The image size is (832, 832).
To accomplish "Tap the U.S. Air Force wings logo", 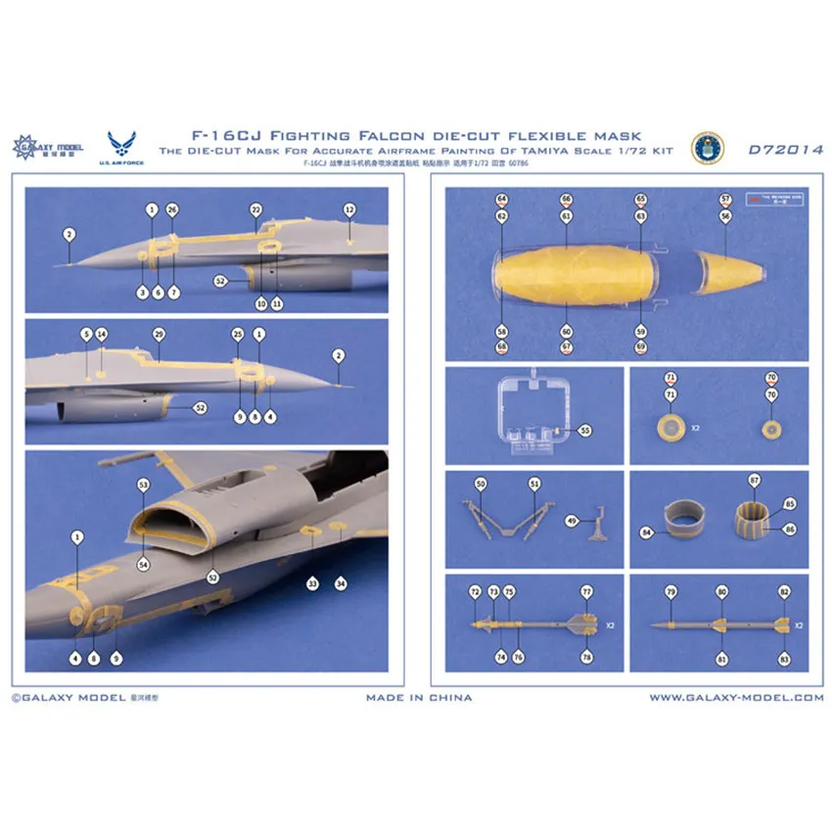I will (x=127, y=144).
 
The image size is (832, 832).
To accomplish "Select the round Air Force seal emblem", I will (x=707, y=148).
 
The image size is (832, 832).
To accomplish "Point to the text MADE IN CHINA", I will (x=419, y=698).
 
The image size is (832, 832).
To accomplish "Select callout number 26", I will (x=172, y=209).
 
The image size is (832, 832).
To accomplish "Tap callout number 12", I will (x=348, y=209).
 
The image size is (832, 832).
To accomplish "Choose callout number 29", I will (x=159, y=335).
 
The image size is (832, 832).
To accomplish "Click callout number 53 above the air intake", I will (x=143, y=485).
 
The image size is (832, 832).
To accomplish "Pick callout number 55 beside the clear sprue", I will (x=585, y=430).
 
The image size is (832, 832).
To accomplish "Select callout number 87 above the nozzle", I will (x=755, y=482).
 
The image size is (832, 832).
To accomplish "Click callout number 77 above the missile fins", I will (x=586, y=592).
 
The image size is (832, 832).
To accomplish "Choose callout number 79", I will (x=670, y=592).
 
